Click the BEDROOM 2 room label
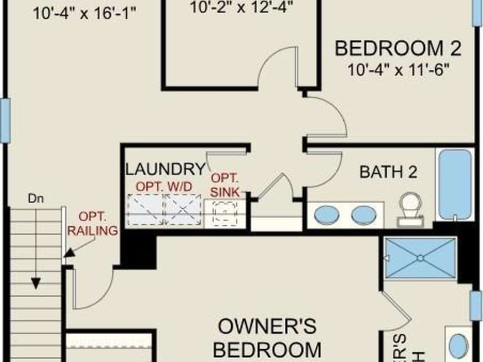pos(398,48)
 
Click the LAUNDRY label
pos(165,170)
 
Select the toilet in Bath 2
pos(411,207)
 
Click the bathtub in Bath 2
pos(455,184)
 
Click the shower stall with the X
pos(420,258)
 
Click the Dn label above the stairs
pos(36,199)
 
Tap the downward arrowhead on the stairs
pos(36,283)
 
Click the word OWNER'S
pos(267,327)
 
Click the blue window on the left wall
pos(5,120)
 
